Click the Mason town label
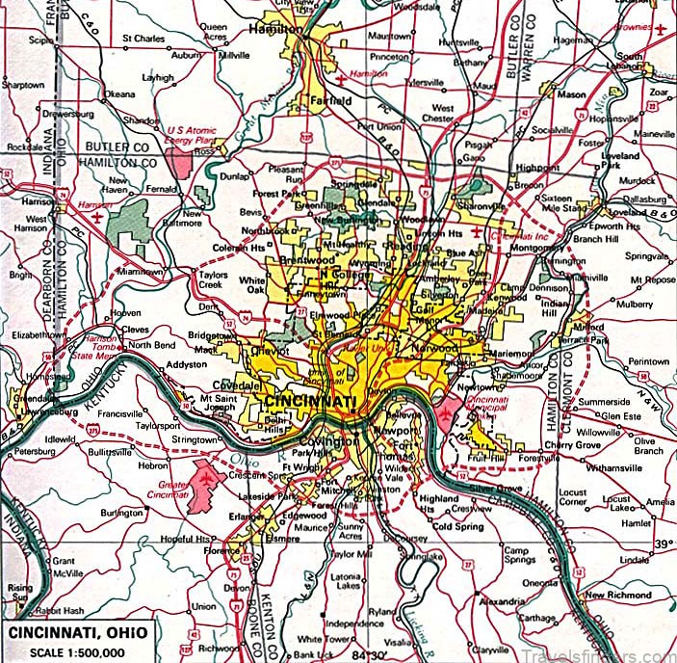click(571, 94)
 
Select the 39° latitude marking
click(663, 544)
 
